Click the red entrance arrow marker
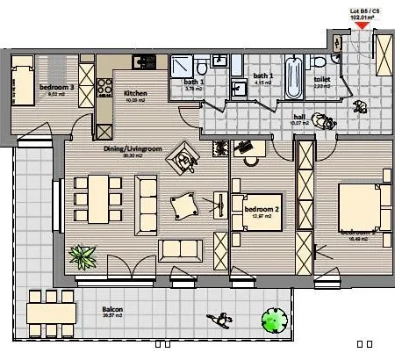(x=360, y=26)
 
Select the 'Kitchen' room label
(x=135, y=93)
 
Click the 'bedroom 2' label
(x=261, y=209)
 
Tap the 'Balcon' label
(x=111, y=309)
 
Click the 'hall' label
(x=298, y=116)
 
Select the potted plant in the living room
(x=84, y=256)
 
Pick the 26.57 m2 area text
(x=111, y=317)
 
